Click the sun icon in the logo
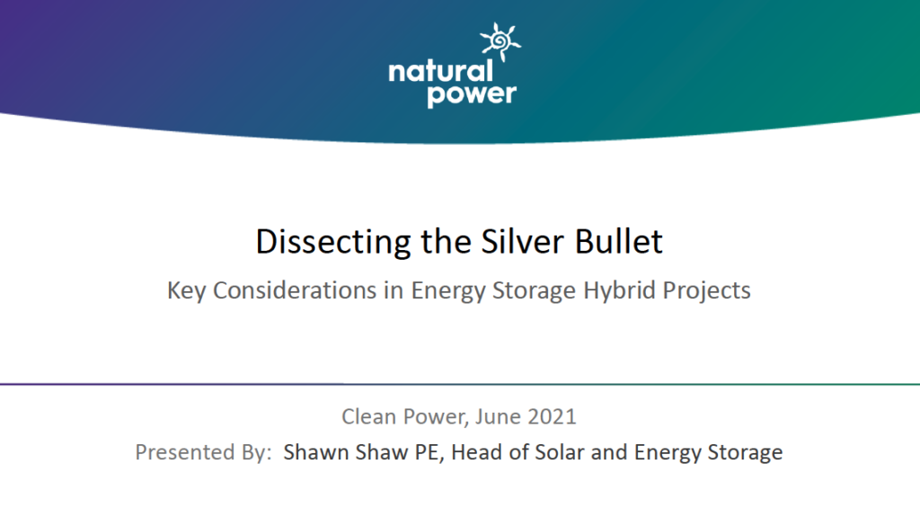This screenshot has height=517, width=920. click(x=500, y=41)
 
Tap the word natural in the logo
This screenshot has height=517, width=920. click(x=440, y=72)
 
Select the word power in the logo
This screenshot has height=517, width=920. click(x=472, y=94)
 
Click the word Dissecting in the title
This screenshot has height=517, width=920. click(x=333, y=242)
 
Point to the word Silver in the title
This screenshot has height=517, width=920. click(x=523, y=242)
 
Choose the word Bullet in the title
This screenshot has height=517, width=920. click(x=618, y=242)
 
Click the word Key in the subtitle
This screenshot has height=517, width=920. click(x=186, y=290)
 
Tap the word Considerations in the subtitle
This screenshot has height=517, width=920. click(x=295, y=290)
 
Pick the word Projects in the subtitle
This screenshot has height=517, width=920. click(x=706, y=290)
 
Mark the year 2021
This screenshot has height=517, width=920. click(x=552, y=416)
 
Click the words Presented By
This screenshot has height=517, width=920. click(x=203, y=452)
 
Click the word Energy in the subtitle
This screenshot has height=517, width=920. click(x=447, y=290)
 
